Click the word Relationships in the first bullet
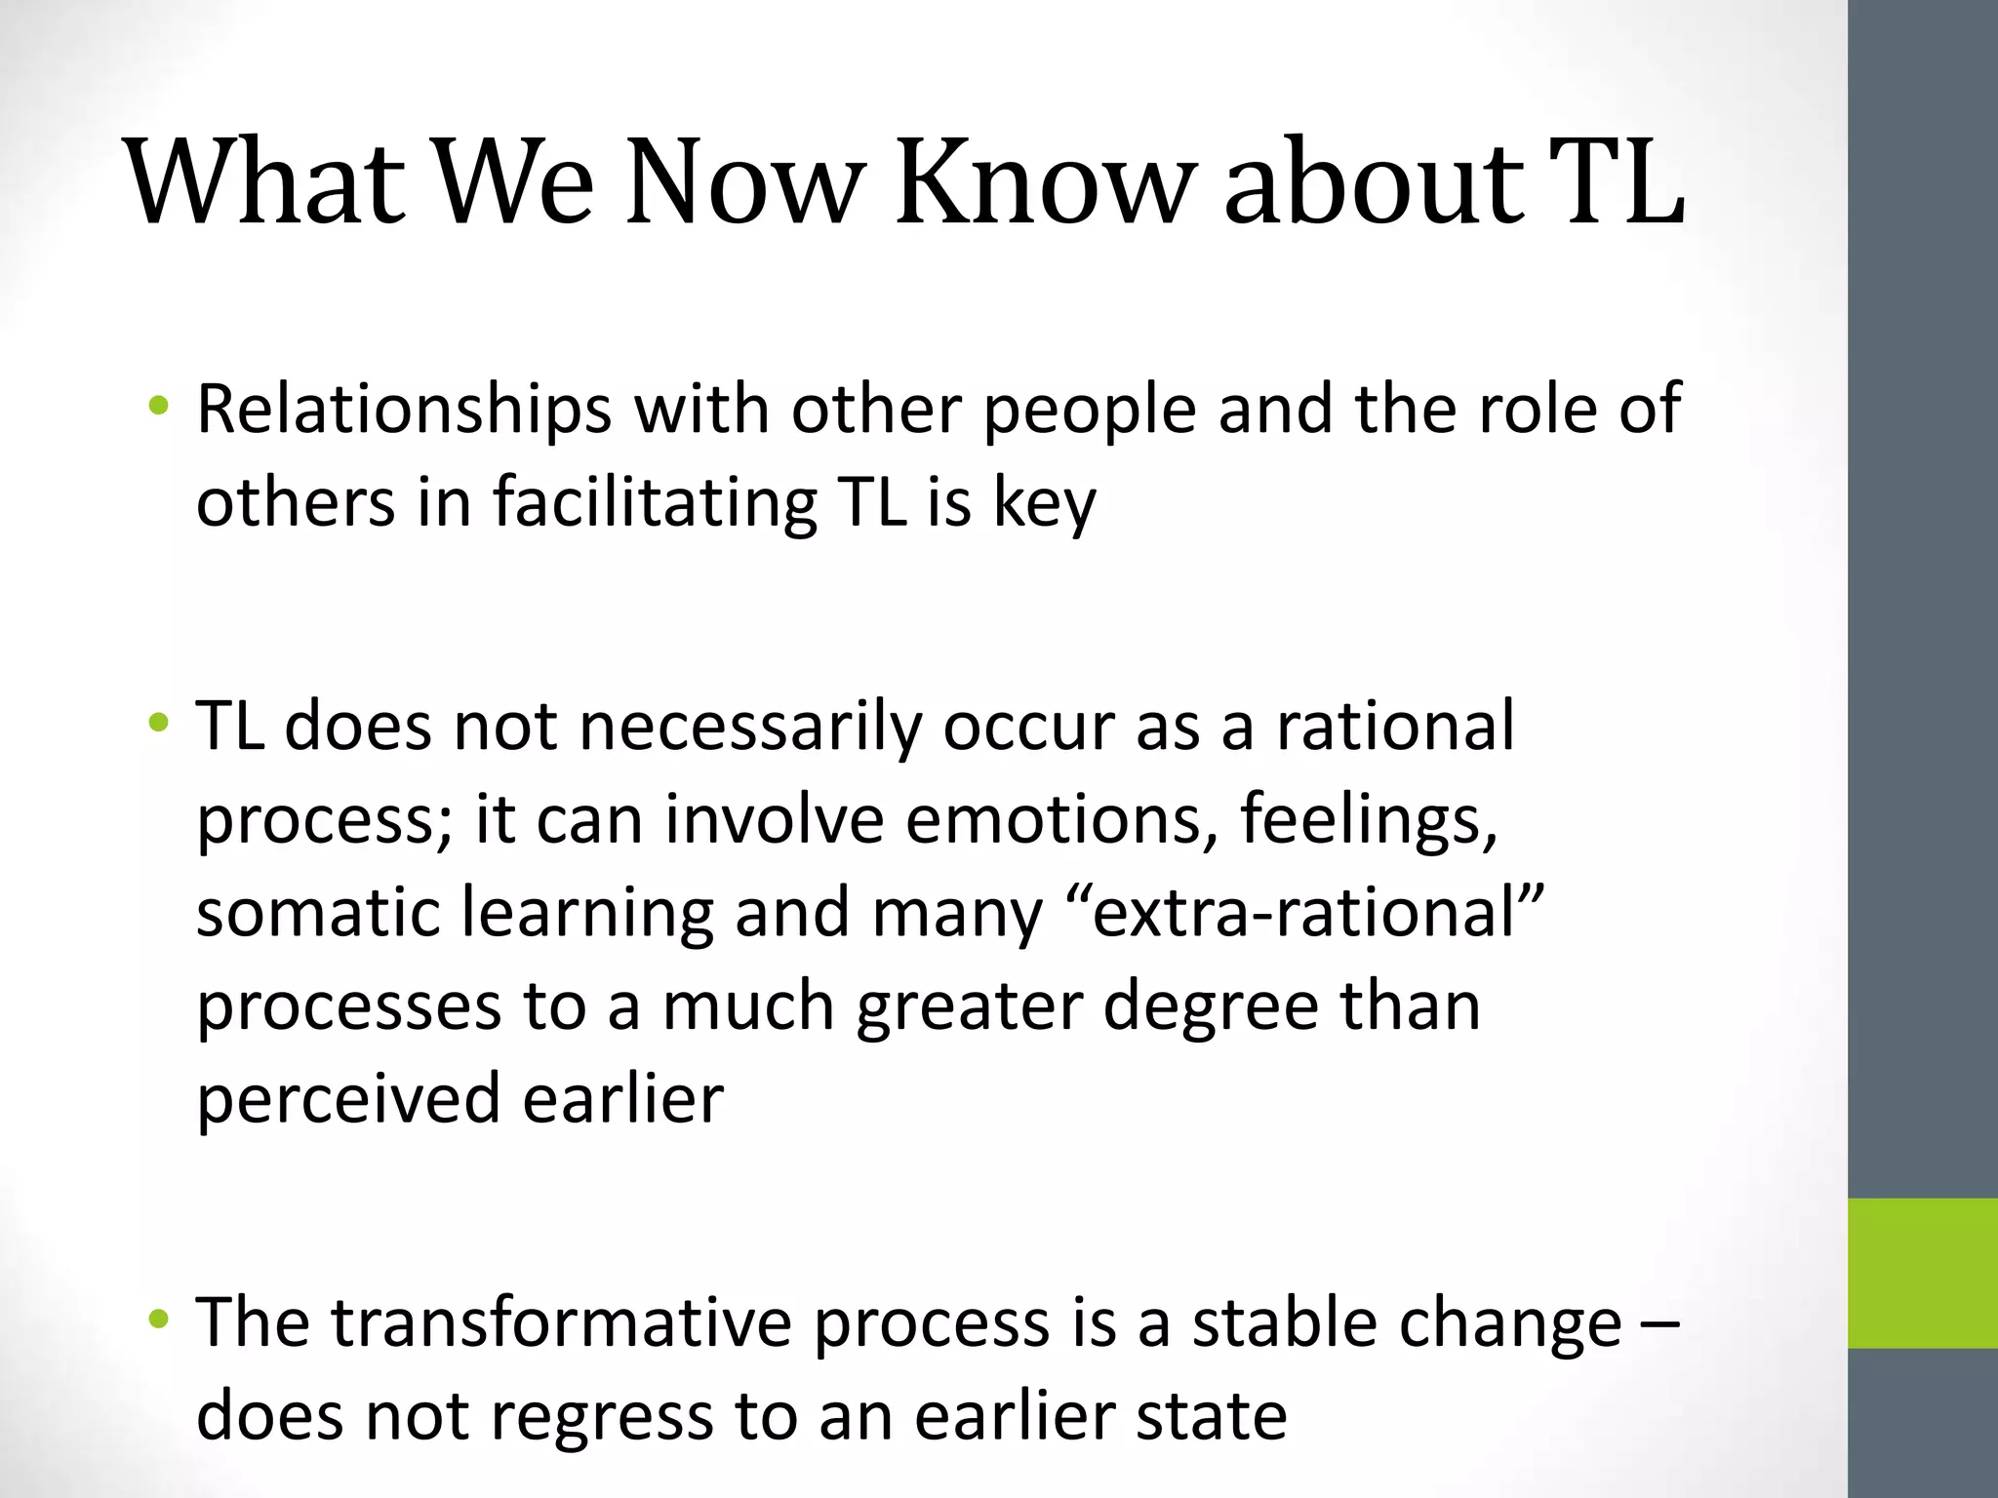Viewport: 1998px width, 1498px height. pos(404,409)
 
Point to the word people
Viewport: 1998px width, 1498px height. pos(1089,409)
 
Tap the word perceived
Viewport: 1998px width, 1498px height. pos(348,1098)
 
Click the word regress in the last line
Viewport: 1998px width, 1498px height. pos(601,1416)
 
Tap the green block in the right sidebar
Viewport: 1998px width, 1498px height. pos(1923,1273)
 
